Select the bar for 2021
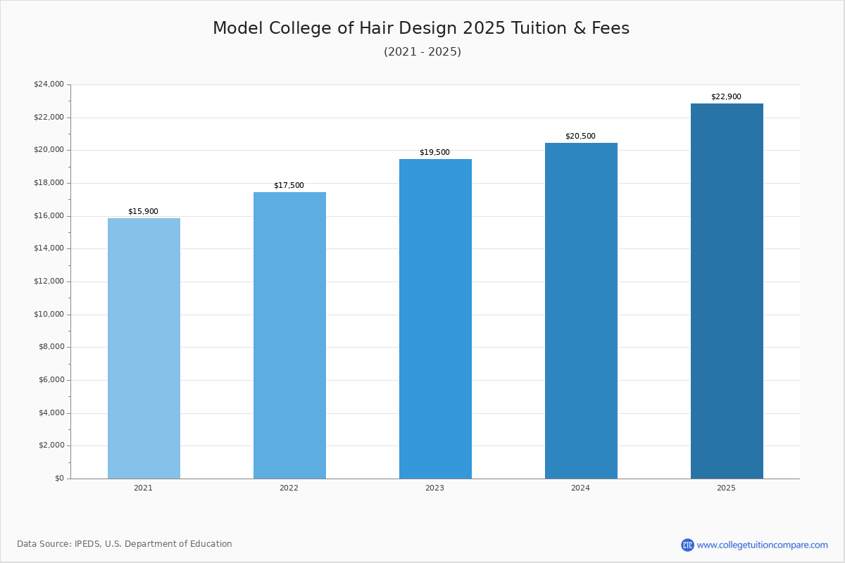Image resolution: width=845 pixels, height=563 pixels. (x=144, y=348)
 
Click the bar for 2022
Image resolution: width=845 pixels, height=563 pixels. (x=289, y=335)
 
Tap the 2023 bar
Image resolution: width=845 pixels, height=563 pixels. (x=435, y=319)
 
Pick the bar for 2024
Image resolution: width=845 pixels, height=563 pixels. (x=581, y=310)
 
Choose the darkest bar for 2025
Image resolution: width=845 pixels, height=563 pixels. (x=727, y=291)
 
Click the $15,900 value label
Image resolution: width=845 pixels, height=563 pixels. (x=143, y=211)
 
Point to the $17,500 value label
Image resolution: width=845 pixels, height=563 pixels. (x=289, y=186)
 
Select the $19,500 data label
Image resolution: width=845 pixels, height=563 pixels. (x=434, y=153)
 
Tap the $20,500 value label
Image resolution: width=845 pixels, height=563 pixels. (x=580, y=137)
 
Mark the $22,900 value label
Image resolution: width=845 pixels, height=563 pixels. (x=726, y=97)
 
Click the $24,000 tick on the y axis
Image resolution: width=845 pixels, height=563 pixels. (x=49, y=84)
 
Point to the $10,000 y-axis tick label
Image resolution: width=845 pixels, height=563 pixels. (x=49, y=315)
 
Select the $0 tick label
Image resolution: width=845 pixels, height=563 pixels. (x=59, y=479)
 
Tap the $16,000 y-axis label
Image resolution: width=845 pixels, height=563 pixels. (x=49, y=216)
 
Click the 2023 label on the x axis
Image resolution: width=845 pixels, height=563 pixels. (x=434, y=488)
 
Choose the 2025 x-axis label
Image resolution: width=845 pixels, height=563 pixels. (x=726, y=488)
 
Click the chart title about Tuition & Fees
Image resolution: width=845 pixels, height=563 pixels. (x=421, y=29)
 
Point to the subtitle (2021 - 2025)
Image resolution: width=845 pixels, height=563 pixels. (x=423, y=52)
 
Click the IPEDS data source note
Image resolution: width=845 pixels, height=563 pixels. (x=125, y=544)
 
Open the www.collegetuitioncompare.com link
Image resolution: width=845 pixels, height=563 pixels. (x=762, y=545)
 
